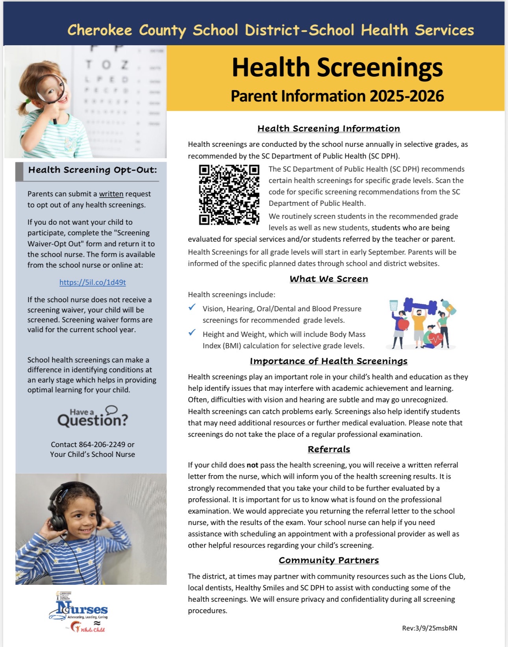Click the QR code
pyautogui.click(x=229, y=195)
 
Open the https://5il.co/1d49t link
pyautogui.click(x=93, y=282)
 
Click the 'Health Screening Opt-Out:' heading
pyautogui.click(x=93, y=170)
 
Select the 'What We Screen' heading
pyautogui.click(x=329, y=279)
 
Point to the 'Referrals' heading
pyautogui.click(x=329, y=449)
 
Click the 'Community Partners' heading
pyautogui.click(x=329, y=560)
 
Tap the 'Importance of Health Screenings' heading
pyautogui.click(x=329, y=361)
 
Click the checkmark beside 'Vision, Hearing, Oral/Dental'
pyautogui.click(x=192, y=307)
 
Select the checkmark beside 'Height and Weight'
pyautogui.click(x=192, y=333)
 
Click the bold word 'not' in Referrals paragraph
pyautogui.click(x=252, y=465)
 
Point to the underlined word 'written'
pyautogui.click(x=111, y=194)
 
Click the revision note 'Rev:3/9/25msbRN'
pyautogui.click(x=430, y=628)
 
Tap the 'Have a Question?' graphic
pyautogui.click(x=93, y=417)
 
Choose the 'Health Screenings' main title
pyautogui.click(x=337, y=67)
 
